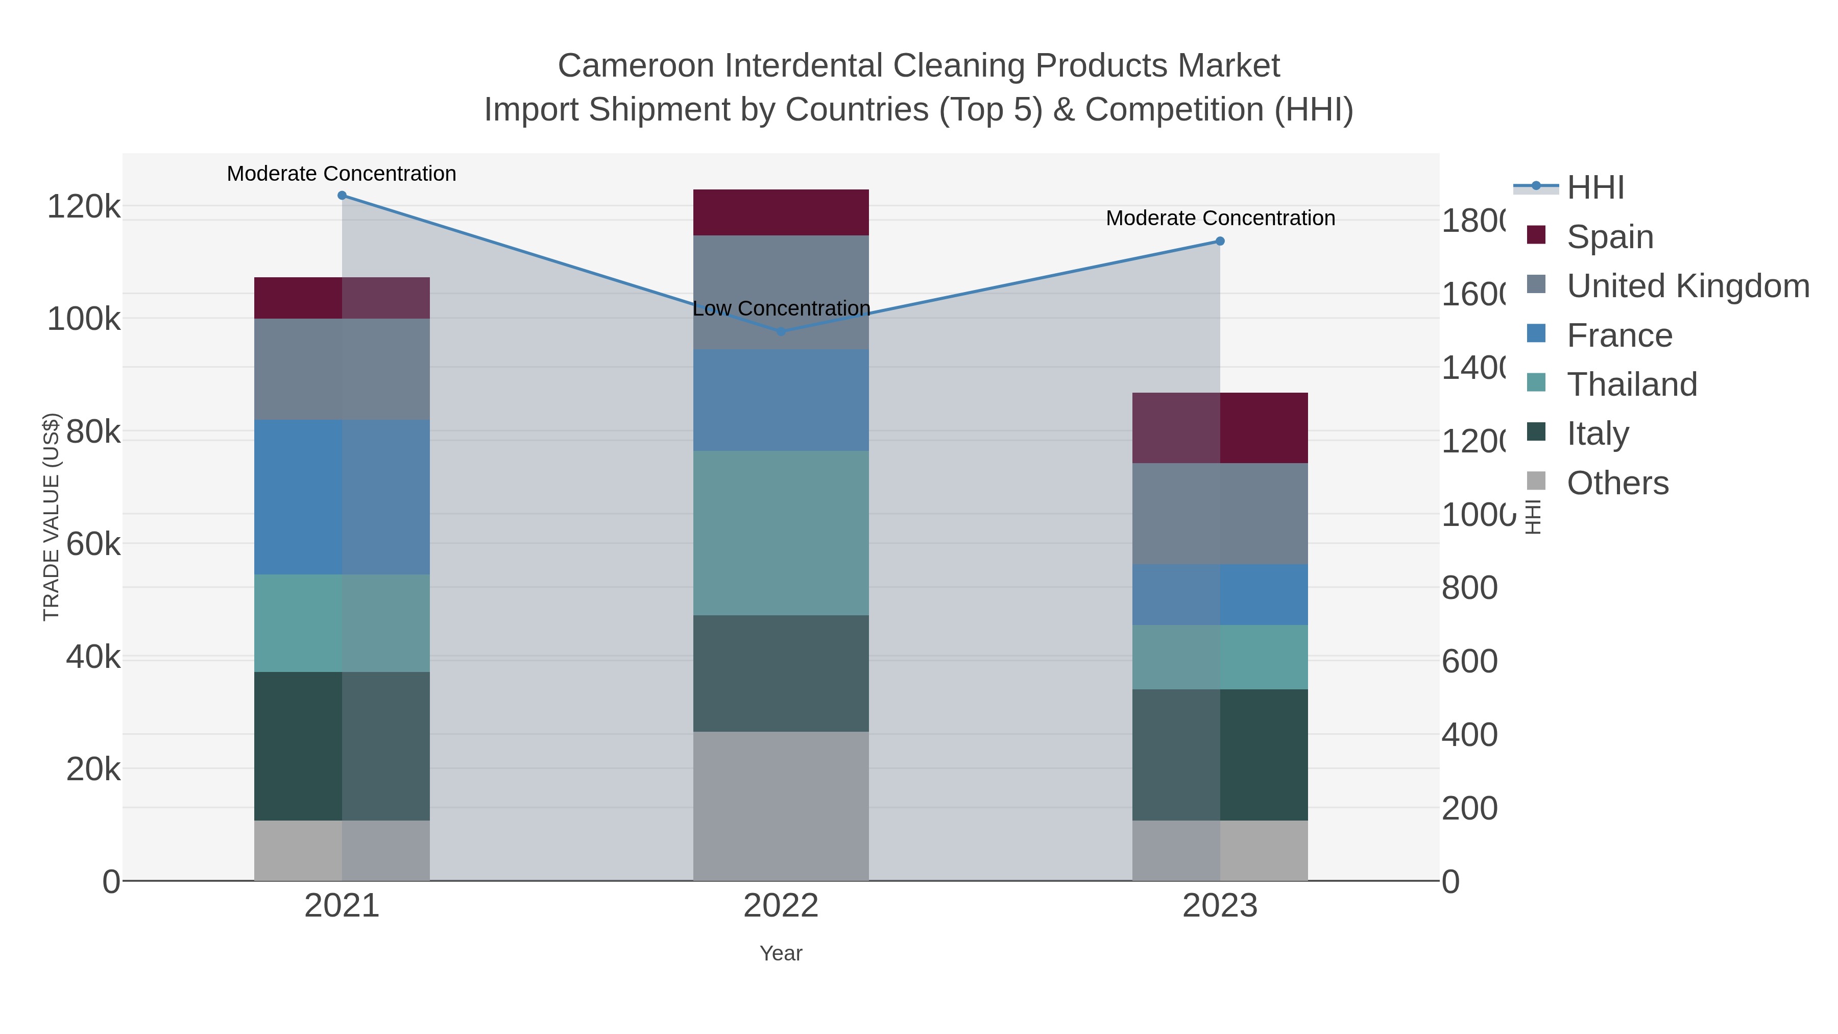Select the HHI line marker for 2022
click(781, 331)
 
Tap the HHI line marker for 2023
click(1220, 241)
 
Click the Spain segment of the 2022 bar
click(781, 212)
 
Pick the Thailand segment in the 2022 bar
click(781, 533)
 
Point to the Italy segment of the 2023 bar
click(1220, 755)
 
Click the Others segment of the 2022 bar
click(781, 806)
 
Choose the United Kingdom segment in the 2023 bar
click(1220, 514)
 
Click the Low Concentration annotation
click(781, 309)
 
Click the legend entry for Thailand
click(1632, 384)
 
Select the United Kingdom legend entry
click(1687, 286)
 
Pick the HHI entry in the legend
click(1595, 188)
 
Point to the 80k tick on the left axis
click(93, 431)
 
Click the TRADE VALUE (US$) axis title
click(52, 517)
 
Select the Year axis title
click(781, 953)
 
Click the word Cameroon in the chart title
click(636, 66)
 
